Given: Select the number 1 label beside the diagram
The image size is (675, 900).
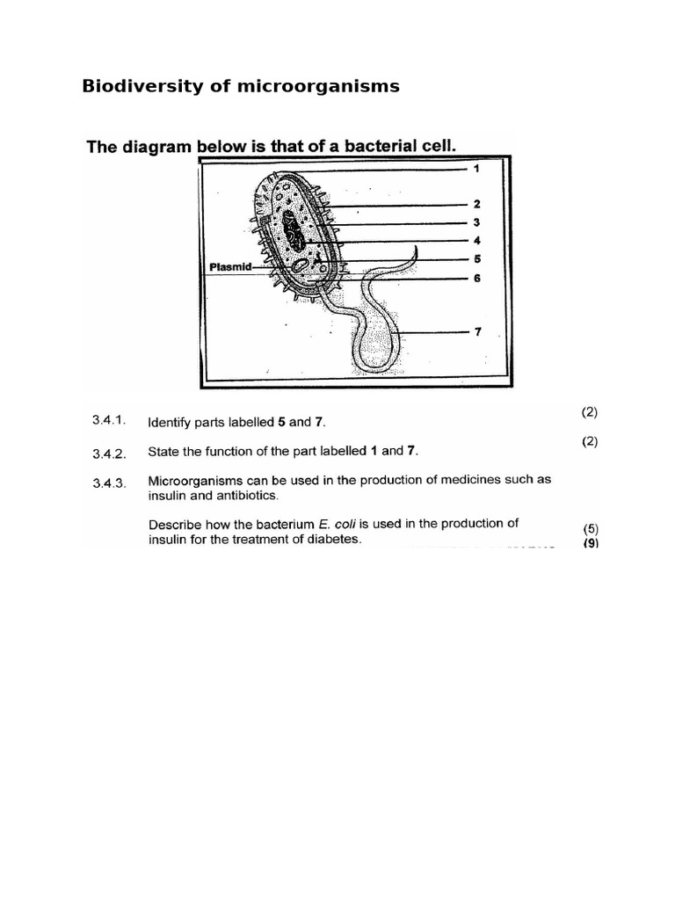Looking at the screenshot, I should coord(477,168).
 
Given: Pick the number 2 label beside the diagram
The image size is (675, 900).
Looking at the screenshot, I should coord(477,204).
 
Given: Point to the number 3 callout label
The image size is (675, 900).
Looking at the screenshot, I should coord(477,222).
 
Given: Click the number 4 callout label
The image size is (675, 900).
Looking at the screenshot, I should coord(477,240).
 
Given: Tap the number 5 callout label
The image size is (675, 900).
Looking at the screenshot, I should coord(477,259).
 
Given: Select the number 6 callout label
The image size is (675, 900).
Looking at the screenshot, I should coord(477,278).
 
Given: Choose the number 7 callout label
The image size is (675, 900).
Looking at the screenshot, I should coord(477,332).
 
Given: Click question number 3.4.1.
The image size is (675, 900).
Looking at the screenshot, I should coord(110,420).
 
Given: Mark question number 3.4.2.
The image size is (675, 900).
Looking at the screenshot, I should coord(110,454).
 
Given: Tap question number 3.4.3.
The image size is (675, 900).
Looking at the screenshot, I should coord(110,482).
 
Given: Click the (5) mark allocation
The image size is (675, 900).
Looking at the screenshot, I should coord(590,528).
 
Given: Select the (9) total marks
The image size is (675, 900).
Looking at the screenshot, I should coord(590,543).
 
